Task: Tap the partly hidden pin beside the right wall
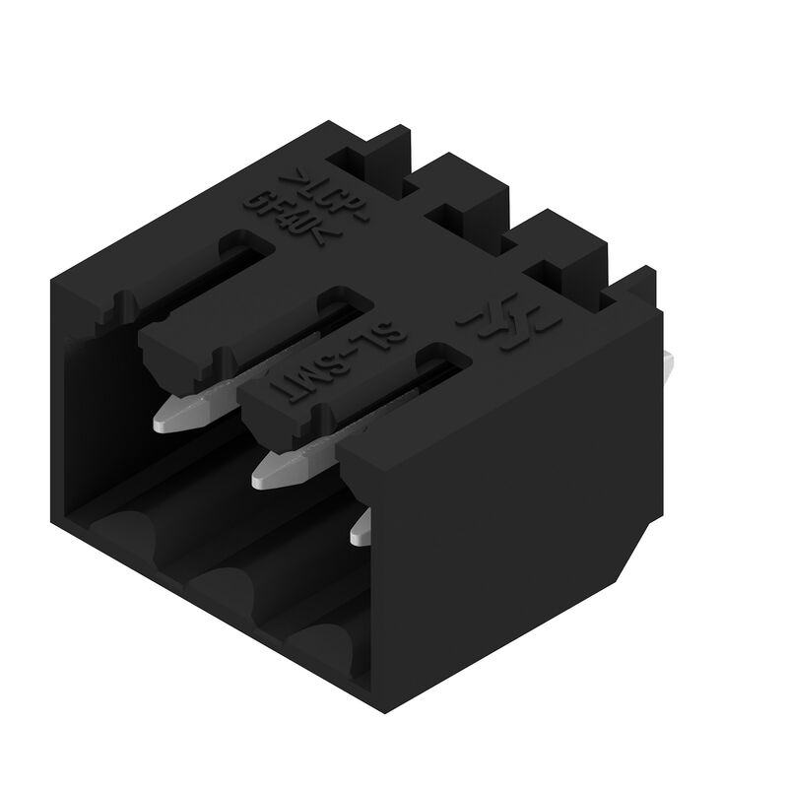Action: [x=361, y=528]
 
